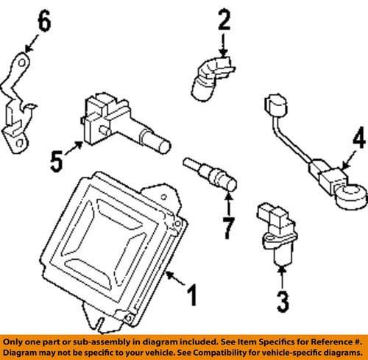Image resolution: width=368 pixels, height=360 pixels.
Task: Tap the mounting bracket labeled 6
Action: coord(18,103)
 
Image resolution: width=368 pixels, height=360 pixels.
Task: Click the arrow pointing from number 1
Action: coord(175,280)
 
